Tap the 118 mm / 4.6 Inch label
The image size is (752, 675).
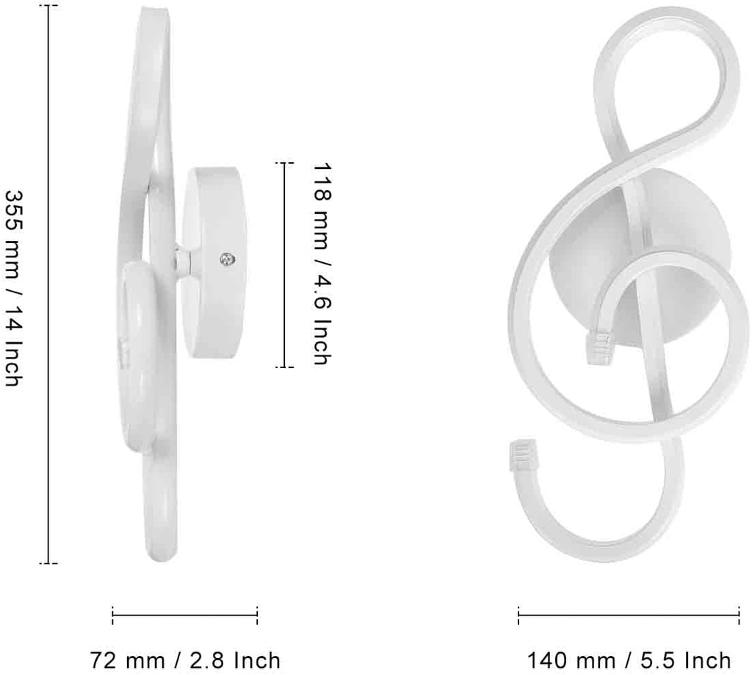point(321,264)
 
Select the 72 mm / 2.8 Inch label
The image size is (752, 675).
point(185,660)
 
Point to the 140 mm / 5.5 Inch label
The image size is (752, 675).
point(629,660)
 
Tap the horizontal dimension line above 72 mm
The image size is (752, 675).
point(185,616)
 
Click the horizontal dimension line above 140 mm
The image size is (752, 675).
point(629,616)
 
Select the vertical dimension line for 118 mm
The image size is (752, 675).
point(285,264)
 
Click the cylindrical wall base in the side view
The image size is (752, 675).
point(216,262)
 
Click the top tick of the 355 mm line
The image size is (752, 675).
point(48,5)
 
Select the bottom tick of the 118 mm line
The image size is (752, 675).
point(285,367)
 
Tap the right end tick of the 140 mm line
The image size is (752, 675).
point(739,616)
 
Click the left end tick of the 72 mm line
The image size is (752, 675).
point(112,616)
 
